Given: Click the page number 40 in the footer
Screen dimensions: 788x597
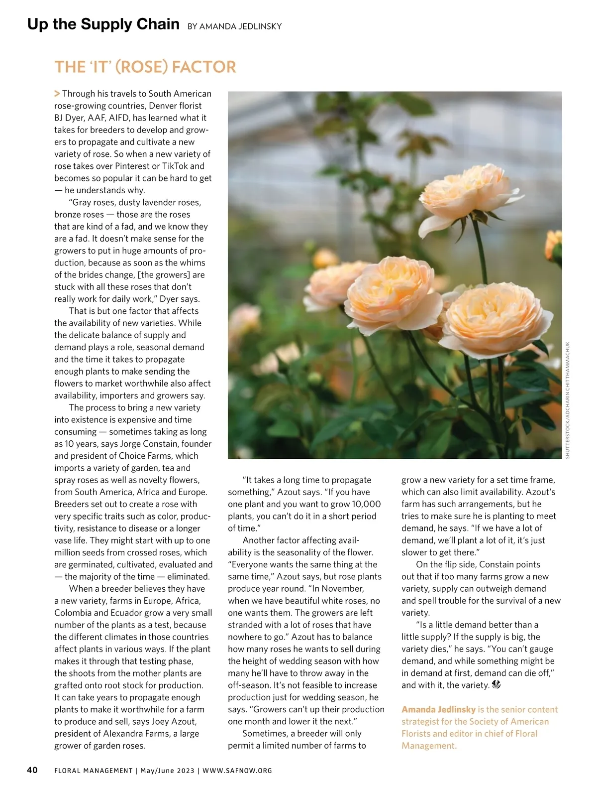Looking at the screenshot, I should coord(32,770).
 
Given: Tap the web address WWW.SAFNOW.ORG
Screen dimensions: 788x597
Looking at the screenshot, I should coord(237,771).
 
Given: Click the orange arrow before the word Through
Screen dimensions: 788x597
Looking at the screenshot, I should coord(57,94).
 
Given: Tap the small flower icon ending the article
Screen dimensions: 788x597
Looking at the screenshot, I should coord(496,685).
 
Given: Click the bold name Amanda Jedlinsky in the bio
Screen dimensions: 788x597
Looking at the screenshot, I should coord(438,709).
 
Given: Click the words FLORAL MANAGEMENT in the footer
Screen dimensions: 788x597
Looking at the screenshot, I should coord(94,771).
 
